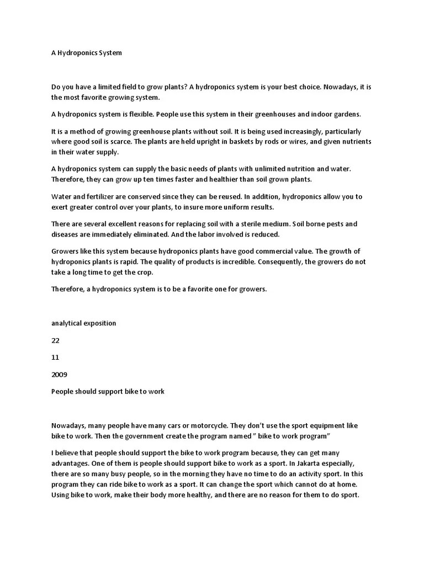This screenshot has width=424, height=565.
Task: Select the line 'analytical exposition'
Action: click(83, 323)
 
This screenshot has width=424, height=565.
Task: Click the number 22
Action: click(55, 340)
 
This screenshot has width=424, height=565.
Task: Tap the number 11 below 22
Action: click(55, 358)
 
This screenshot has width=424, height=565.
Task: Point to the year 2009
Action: click(59, 375)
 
